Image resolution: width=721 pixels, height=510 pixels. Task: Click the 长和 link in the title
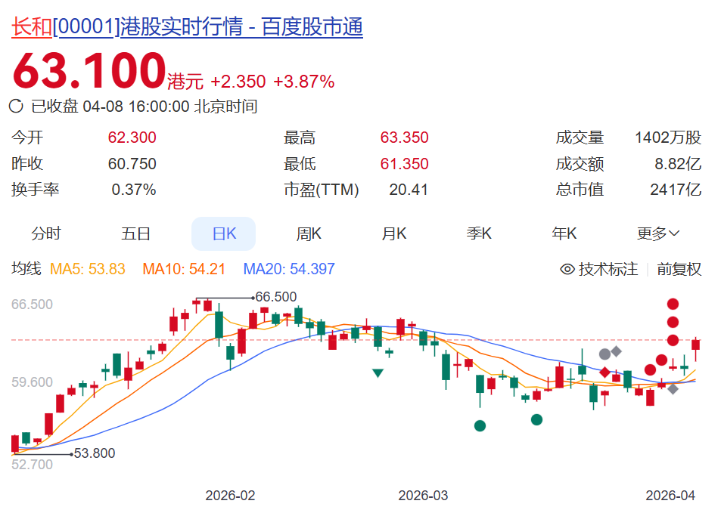(32, 27)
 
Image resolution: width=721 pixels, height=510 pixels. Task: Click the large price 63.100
(88, 71)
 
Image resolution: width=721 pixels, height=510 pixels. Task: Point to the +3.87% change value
(303, 82)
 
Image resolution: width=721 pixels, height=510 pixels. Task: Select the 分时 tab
(46, 233)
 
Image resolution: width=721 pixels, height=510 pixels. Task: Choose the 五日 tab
(136, 233)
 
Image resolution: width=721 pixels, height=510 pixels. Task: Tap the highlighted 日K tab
(224, 233)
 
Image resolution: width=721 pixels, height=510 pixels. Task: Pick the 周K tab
(309, 233)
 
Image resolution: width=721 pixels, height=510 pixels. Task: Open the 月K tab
(393, 233)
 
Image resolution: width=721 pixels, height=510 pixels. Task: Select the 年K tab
(564, 233)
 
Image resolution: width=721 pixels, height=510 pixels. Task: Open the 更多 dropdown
(658, 233)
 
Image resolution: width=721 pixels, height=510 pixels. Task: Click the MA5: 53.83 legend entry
(87, 269)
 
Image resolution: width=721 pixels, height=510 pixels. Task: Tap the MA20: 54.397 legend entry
(288, 269)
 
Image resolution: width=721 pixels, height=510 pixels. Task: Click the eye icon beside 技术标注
(567, 269)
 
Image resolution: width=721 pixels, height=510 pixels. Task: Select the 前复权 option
(679, 269)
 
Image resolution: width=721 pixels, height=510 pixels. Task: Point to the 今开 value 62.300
(132, 138)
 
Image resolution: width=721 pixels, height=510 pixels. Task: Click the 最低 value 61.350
(404, 164)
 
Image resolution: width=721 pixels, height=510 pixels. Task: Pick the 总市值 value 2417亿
(676, 190)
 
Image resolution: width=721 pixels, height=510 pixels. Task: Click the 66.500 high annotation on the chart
(276, 297)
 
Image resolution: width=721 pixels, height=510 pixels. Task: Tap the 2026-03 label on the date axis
(423, 496)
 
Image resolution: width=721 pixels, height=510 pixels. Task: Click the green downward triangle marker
(378, 372)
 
